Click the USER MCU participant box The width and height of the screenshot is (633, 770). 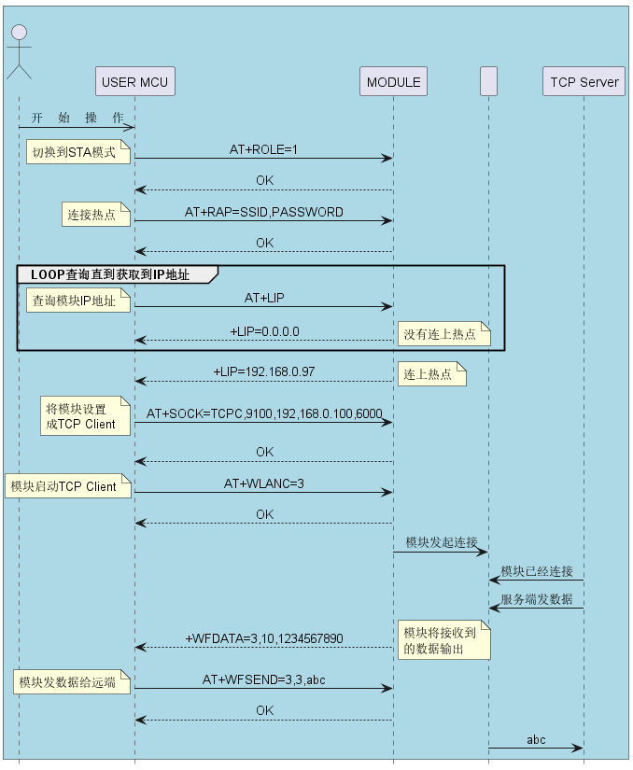coord(135,81)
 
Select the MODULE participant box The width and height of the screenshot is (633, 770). coord(393,81)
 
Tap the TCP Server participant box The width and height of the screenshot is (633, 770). coord(584,81)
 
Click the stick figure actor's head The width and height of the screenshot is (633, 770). coord(20,33)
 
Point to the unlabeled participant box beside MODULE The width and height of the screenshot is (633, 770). coord(488,81)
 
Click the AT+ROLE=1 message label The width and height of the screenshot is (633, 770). coord(263,149)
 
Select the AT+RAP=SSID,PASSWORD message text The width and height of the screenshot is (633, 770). coord(263,212)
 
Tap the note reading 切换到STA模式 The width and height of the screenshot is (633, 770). coord(78,152)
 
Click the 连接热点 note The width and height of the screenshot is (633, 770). coord(96,215)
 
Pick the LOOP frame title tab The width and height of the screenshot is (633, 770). coord(117,274)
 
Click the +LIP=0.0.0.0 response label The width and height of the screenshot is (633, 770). coord(265,331)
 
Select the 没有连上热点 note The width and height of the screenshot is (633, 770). coord(443,334)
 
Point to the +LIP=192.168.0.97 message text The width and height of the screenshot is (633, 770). coord(263,371)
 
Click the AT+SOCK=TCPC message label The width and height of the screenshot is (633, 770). coord(264,413)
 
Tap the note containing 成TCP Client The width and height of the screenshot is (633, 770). coord(85,416)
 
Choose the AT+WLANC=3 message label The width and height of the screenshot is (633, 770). coord(263,483)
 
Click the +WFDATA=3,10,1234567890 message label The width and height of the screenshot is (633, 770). coord(264,638)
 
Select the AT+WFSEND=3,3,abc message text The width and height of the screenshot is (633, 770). coord(263,679)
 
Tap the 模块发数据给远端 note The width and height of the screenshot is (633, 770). coord(72,681)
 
